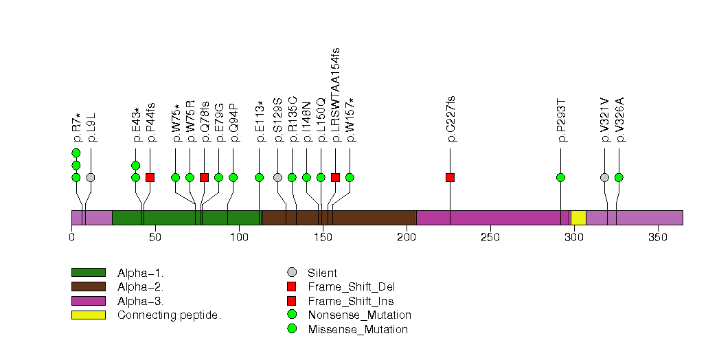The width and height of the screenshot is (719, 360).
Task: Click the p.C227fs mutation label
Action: click(451, 119)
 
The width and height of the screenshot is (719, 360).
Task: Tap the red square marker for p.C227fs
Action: click(450, 177)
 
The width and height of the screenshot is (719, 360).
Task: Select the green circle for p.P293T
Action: click(560, 177)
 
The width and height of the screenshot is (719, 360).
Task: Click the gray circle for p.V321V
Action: click(604, 177)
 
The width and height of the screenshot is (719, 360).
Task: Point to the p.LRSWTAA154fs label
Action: click(336, 95)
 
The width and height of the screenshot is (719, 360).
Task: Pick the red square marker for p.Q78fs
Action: click(204, 177)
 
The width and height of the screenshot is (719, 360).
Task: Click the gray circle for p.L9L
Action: click(90, 177)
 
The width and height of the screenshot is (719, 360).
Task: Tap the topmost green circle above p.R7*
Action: click(76, 153)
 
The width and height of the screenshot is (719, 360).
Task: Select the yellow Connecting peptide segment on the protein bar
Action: click(578, 218)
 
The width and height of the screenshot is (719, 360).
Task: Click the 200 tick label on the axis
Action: click(407, 238)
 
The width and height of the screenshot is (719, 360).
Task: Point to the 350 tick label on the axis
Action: click(658, 238)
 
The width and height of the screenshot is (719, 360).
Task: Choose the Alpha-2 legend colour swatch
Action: click(88, 286)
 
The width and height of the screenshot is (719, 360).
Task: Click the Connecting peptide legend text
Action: click(169, 315)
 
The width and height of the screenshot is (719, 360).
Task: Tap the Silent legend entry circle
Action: click(292, 273)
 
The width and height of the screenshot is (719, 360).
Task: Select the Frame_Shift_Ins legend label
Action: click(351, 301)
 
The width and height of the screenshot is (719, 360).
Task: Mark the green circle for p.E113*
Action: click(259, 177)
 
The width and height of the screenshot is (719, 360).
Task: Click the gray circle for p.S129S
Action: click(277, 177)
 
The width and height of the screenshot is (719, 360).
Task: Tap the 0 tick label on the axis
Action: click(71, 238)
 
